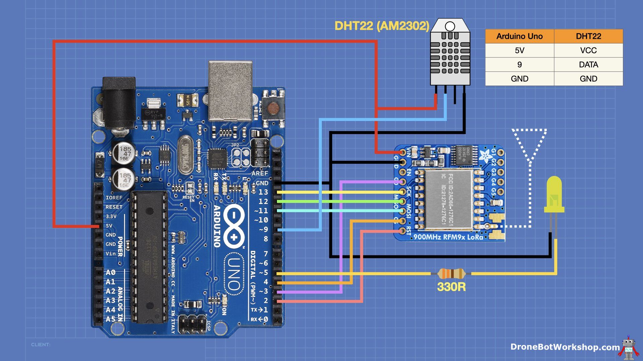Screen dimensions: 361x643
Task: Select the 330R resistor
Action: coord(451,274)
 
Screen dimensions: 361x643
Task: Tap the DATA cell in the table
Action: coord(588,65)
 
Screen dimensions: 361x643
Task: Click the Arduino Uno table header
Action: coord(519,36)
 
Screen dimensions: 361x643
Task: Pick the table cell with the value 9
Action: coord(519,65)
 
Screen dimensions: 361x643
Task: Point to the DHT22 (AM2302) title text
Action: coord(382,26)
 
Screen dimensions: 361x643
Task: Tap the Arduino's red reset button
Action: coord(273,108)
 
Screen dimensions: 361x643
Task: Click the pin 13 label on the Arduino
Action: coord(263,192)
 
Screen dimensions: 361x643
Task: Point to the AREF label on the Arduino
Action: coord(260,173)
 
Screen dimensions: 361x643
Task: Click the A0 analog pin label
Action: coord(111,272)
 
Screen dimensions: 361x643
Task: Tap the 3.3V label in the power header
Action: coord(111,216)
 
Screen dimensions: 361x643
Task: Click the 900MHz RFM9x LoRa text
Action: coord(448,237)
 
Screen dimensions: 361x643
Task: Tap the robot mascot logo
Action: coord(629,348)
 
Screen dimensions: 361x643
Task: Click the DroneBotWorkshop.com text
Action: coord(565,347)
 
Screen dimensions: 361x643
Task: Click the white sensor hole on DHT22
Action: coord(450,26)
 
